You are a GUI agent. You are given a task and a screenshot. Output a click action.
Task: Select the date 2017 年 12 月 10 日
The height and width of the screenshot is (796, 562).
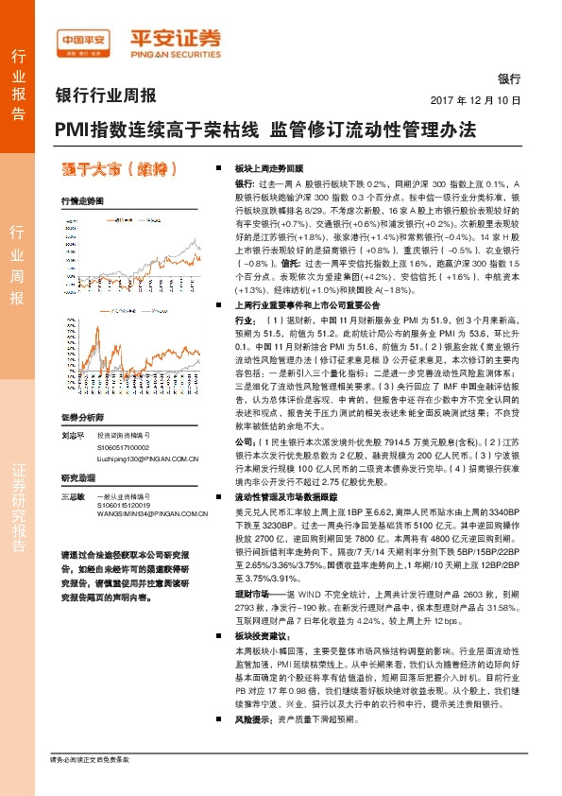(482, 99)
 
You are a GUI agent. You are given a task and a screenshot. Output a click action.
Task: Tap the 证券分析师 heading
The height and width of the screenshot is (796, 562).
(81, 417)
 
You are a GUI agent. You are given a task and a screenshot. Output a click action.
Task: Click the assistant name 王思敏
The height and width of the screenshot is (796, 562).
(73, 496)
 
